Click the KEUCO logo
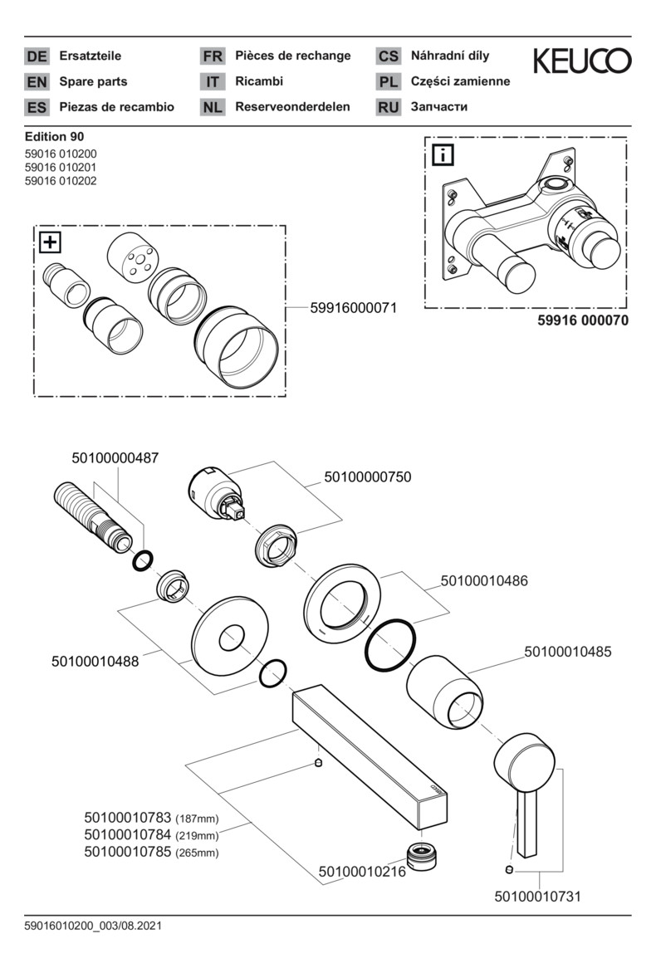click(x=582, y=61)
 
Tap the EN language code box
click(x=37, y=81)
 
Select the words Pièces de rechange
click(x=293, y=56)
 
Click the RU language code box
click(x=388, y=107)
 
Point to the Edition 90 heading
click(x=54, y=136)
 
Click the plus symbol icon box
click(x=50, y=242)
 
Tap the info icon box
click(x=443, y=154)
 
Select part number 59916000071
click(x=353, y=307)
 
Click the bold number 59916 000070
click(x=582, y=320)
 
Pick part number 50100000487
click(x=115, y=458)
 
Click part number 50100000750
click(x=368, y=477)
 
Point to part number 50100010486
click(x=484, y=581)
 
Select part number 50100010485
click(x=568, y=652)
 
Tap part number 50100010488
click(x=95, y=662)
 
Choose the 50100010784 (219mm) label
click(x=151, y=835)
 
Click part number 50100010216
click(x=362, y=872)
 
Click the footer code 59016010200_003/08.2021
click(x=93, y=926)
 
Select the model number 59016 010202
click(x=61, y=181)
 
